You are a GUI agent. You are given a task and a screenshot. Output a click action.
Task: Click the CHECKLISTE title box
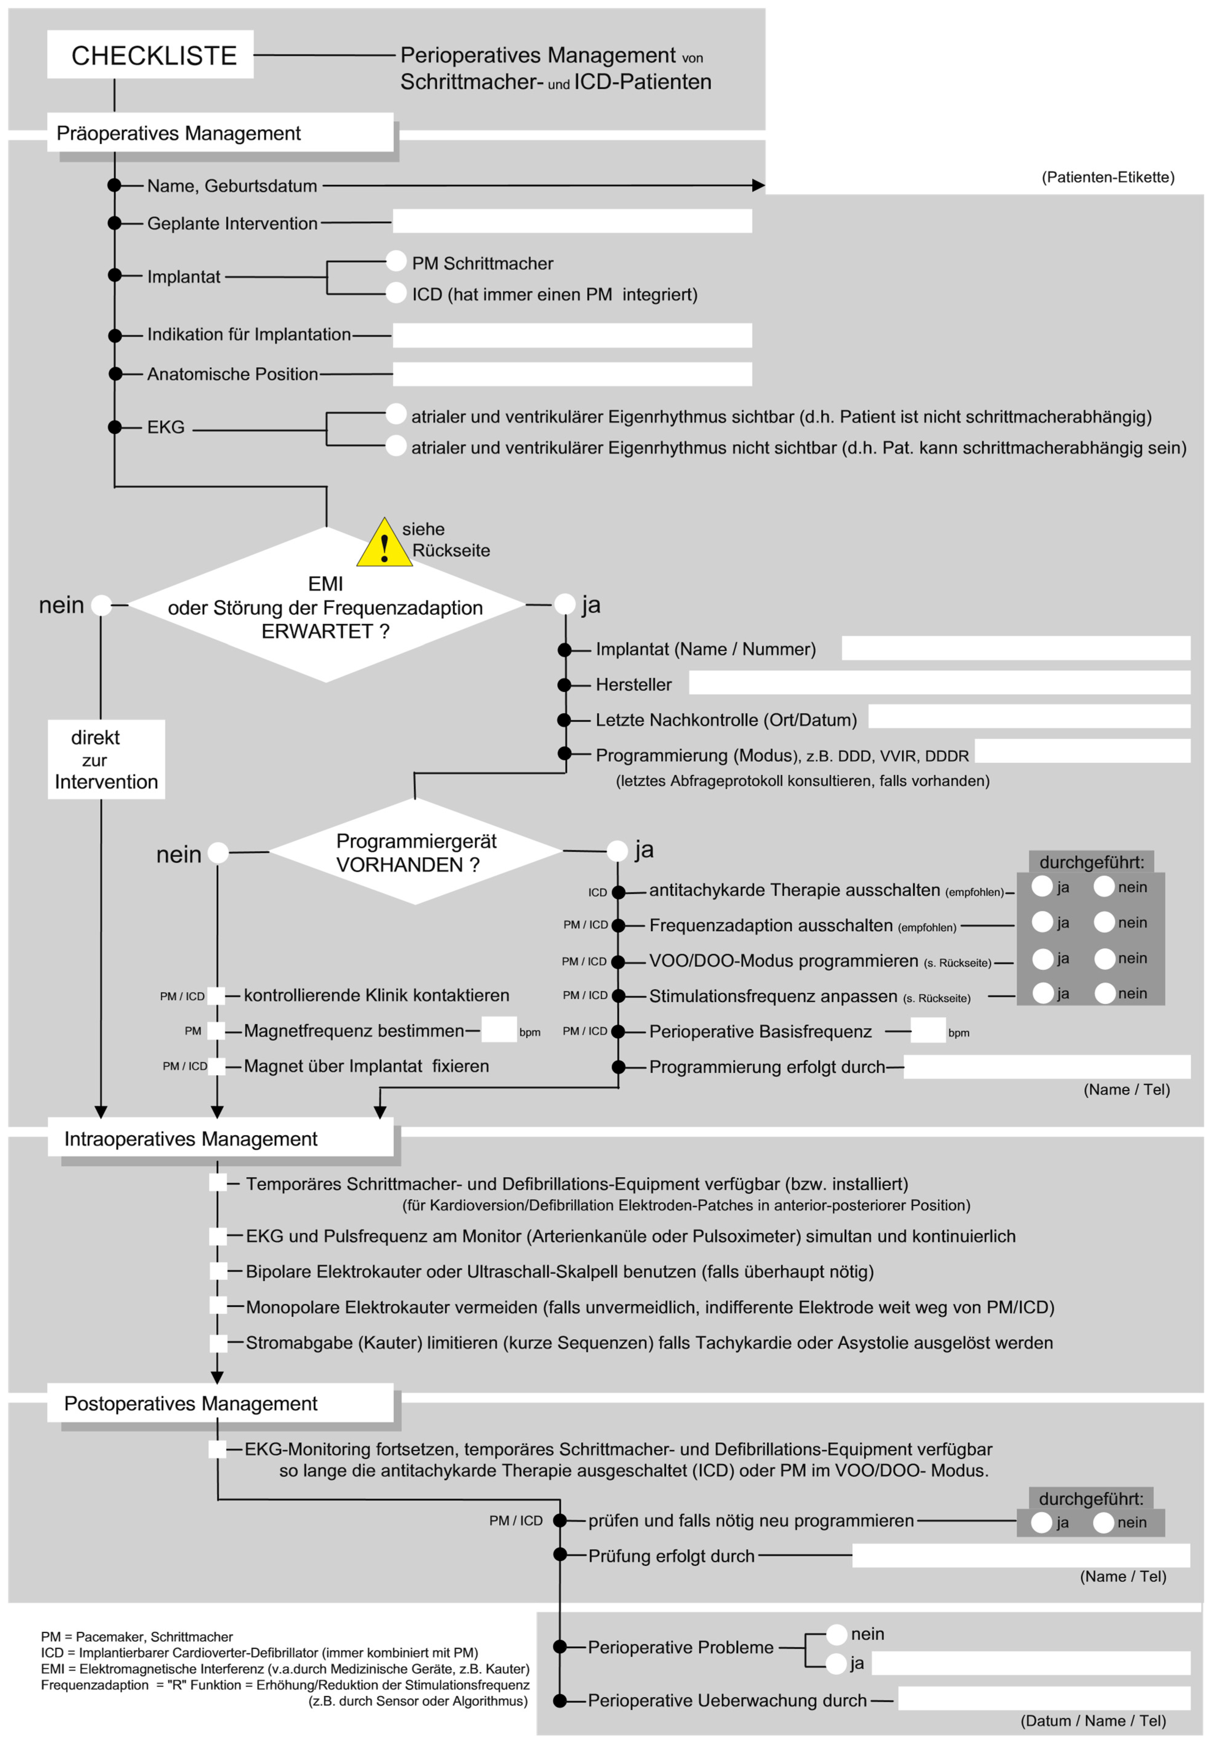(x=150, y=55)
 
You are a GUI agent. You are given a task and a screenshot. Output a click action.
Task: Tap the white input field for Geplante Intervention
(x=572, y=221)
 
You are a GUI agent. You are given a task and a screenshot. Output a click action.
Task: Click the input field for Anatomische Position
(x=572, y=374)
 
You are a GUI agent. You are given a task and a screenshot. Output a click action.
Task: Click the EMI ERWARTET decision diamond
(x=326, y=606)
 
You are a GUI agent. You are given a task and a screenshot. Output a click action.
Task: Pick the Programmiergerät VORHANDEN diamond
(x=415, y=852)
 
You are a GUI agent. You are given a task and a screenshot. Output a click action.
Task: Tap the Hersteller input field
(x=939, y=682)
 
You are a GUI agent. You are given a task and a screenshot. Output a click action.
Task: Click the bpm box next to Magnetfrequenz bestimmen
(x=499, y=1030)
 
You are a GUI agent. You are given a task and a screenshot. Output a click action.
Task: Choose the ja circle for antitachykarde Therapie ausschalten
(x=1042, y=887)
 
